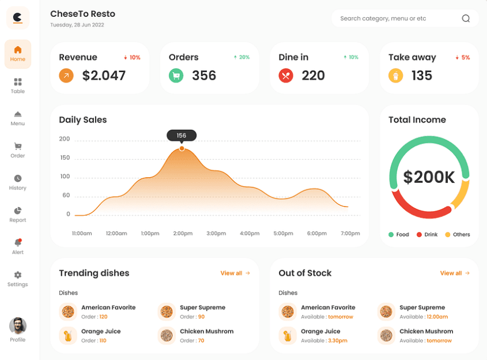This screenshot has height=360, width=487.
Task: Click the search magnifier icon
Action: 466,18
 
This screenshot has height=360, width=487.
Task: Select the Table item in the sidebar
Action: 18,86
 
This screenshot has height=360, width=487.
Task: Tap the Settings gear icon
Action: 18,275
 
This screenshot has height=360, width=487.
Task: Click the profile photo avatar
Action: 18,326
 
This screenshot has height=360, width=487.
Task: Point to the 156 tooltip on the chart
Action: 182,136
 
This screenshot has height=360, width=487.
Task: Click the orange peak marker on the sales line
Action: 182,149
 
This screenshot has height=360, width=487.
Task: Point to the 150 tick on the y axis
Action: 65,157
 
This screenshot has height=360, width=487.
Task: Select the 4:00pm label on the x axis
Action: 250,233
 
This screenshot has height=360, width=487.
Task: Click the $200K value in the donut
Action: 429,177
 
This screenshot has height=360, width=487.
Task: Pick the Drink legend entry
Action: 427,234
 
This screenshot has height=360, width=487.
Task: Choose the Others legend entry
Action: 458,234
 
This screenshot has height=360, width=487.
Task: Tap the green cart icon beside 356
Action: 176,76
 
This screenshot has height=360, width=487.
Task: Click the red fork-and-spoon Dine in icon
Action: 286,76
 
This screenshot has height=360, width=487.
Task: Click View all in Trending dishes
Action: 235,273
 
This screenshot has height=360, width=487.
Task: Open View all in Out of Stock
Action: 455,273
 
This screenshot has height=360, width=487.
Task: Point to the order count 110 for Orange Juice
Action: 103,340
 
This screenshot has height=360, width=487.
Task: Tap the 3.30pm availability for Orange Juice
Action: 338,340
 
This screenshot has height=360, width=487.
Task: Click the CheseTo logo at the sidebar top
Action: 18,18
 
